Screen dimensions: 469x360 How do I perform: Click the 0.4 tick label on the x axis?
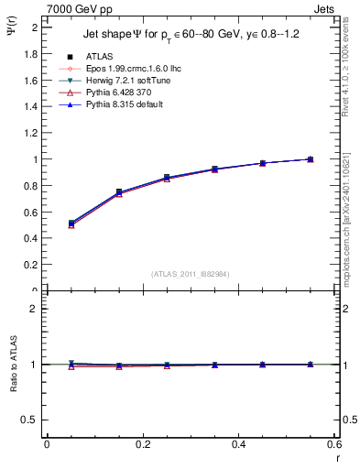(238, 443)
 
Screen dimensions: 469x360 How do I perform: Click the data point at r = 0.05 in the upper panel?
(71, 223)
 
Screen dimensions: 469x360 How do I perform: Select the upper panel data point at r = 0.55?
(310, 159)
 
